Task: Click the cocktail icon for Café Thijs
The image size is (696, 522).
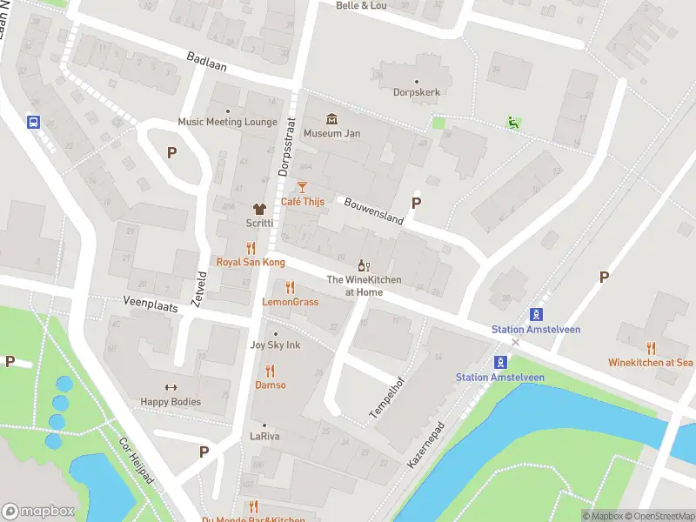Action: [302, 186]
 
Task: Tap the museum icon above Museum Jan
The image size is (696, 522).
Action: [331, 119]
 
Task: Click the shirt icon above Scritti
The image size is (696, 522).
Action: [258, 209]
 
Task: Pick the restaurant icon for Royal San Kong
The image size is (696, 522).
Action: [250, 247]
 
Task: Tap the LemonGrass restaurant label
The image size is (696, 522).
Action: [290, 302]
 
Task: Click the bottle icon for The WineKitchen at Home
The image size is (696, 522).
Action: [365, 264]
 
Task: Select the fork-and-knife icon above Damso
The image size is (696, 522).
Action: [270, 371]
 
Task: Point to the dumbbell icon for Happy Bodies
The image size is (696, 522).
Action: [171, 387]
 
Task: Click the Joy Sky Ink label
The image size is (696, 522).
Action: [275, 345]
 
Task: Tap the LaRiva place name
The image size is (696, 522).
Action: [264, 436]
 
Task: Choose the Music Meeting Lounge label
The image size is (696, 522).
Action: [227, 122]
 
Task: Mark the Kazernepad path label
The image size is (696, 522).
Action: [426, 446]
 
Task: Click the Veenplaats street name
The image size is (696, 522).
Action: [127, 304]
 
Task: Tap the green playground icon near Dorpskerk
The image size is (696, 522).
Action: [513, 124]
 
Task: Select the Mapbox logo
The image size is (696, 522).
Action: [37, 512]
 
